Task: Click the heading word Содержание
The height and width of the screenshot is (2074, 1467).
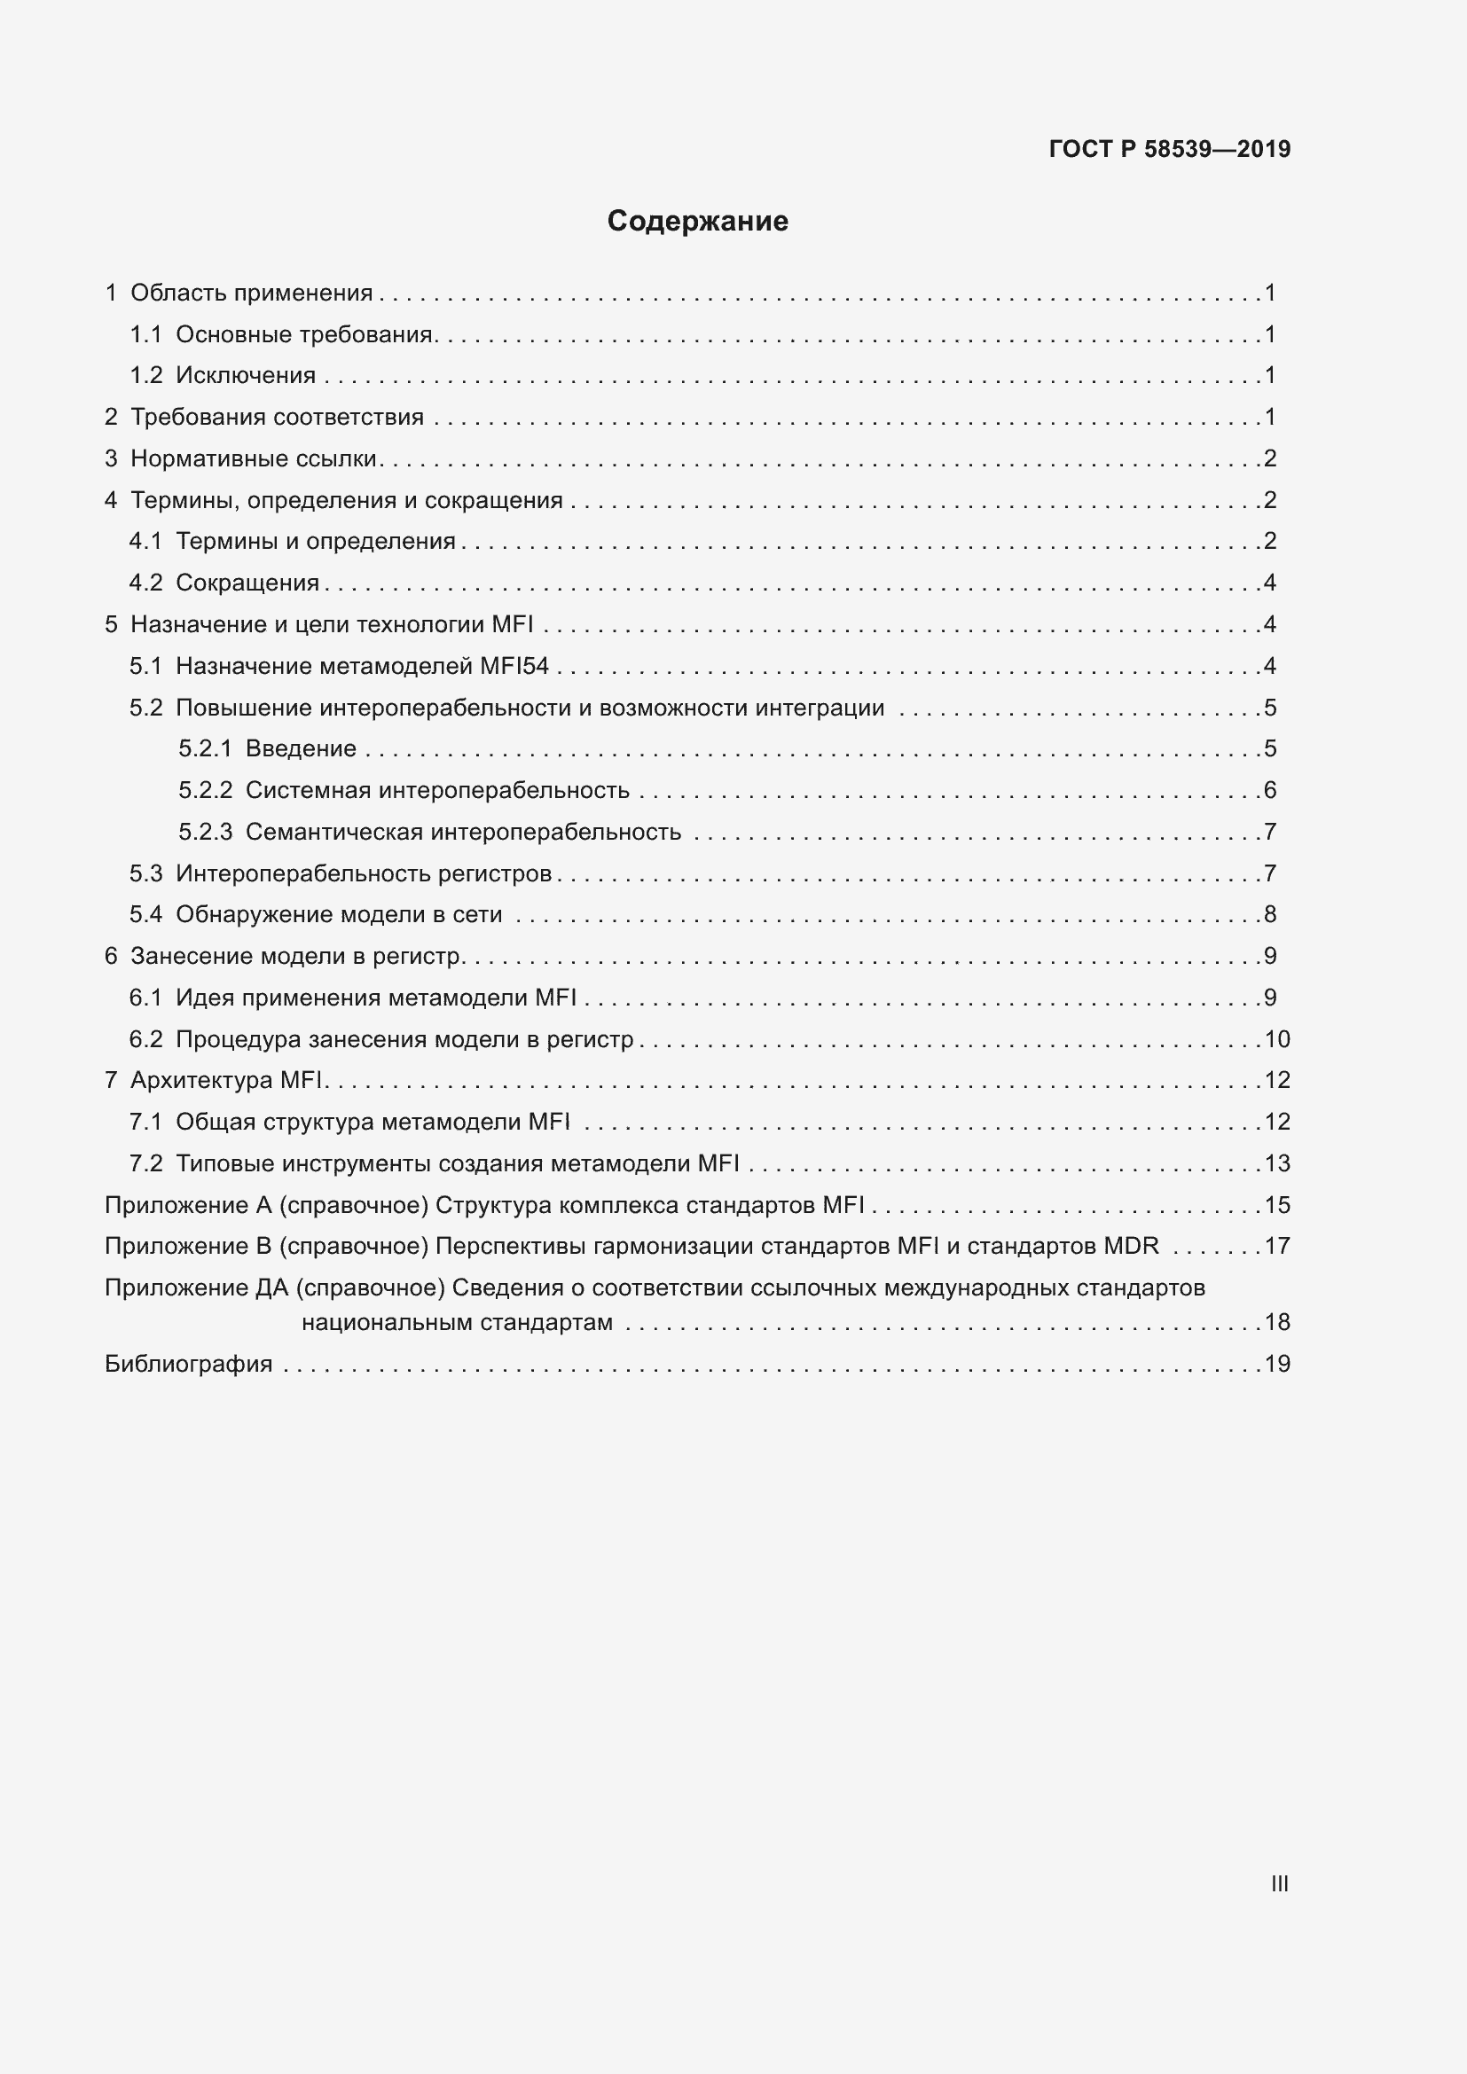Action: (x=697, y=222)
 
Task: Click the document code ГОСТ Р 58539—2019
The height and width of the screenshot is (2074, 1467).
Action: (x=1169, y=149)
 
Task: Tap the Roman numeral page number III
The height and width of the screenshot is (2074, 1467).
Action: (x=1279, y=1883)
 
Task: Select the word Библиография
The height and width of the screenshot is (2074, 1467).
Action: (x=189, y=1364)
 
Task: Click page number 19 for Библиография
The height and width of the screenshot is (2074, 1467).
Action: (x=1277, y=1364)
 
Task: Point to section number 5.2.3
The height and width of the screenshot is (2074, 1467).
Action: (x=205, y=832)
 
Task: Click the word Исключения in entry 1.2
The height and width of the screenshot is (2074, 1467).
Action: (x=246, y=376)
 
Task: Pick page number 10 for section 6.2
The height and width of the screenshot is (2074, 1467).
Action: (x=1277, y=1040)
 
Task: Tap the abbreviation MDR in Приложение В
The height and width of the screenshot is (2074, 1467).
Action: (x=1131, y=1247)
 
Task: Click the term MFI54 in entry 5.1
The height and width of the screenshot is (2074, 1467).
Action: (x=514, y=667)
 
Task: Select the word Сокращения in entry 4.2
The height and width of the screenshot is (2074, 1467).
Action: (x=247, y=583)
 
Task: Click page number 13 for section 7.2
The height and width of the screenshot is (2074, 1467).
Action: (x=1277, y=1164)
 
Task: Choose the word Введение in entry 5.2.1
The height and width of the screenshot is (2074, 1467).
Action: (x=301, y=749)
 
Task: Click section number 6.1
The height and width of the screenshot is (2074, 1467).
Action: (x=145, y=998)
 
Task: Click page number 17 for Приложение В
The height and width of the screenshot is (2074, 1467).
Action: (x=1277, y=1247)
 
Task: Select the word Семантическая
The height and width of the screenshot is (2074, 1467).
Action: (x=334, y=832)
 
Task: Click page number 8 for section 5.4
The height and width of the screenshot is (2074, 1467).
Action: (x=1270, y=915)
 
